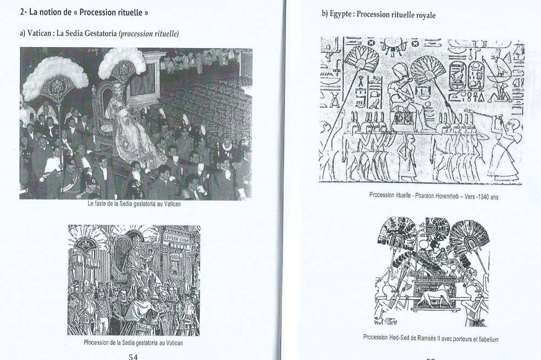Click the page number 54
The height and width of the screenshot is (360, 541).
click(x=133, y=357)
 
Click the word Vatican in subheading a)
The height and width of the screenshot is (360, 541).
click(x=40, y=34)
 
